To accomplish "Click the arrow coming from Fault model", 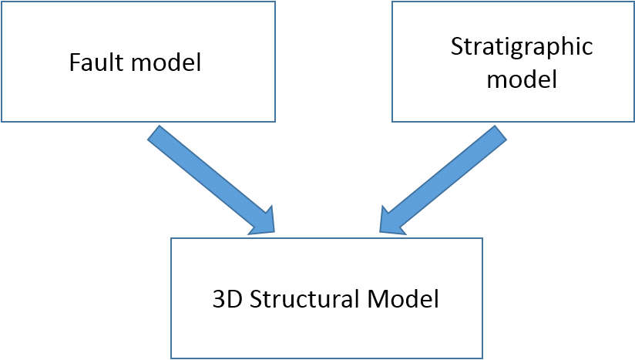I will coord(208,178).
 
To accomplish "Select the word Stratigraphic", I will coord(521,46).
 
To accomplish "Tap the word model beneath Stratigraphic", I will coord(521,79).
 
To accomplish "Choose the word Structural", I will coord(301,298).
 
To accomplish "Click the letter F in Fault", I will coord(74,62).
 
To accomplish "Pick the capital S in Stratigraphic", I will coord(455,46).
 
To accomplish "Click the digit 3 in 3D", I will coord(217,298).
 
